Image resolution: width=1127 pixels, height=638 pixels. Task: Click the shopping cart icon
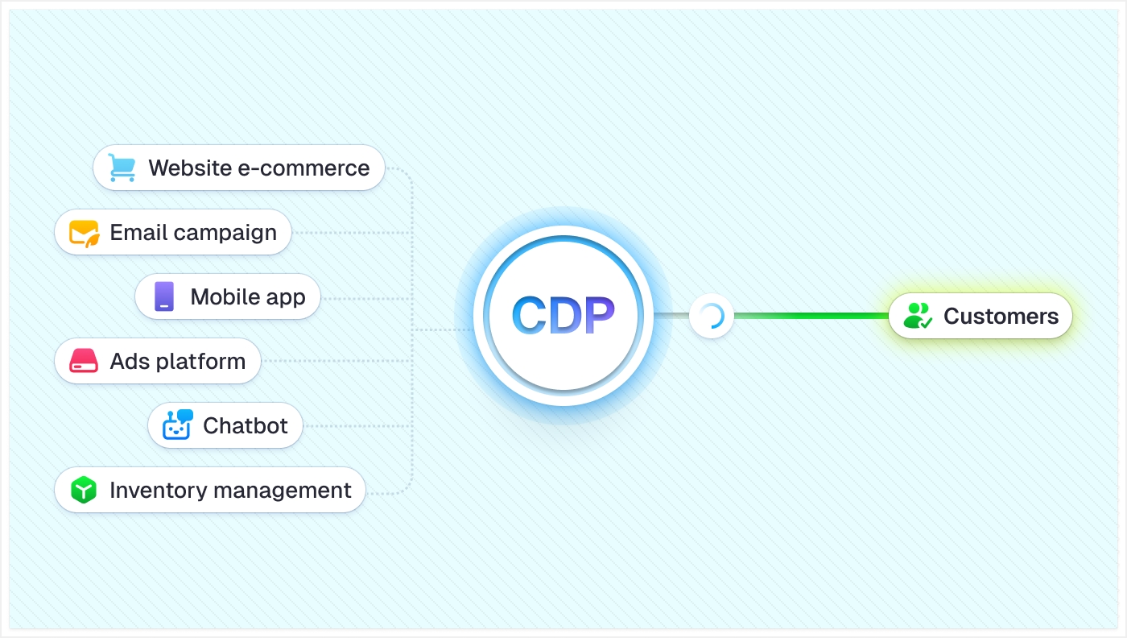122,168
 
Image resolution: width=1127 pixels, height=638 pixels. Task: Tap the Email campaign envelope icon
84,233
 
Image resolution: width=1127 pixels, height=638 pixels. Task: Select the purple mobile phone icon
164,296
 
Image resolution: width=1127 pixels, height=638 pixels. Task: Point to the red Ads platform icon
83,361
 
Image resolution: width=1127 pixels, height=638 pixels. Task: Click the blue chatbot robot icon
177,425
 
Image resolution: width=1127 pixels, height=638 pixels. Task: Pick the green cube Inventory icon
83,490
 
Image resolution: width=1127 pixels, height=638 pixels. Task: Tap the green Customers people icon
918,316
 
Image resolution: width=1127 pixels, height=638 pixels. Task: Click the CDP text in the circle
563,316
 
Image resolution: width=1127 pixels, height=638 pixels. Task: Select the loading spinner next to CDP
711,316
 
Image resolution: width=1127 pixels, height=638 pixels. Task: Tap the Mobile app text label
248,296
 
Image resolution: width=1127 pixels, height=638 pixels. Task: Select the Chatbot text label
245,425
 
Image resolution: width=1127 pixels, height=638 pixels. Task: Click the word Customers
1001,316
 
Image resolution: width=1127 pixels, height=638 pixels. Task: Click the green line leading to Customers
813,316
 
